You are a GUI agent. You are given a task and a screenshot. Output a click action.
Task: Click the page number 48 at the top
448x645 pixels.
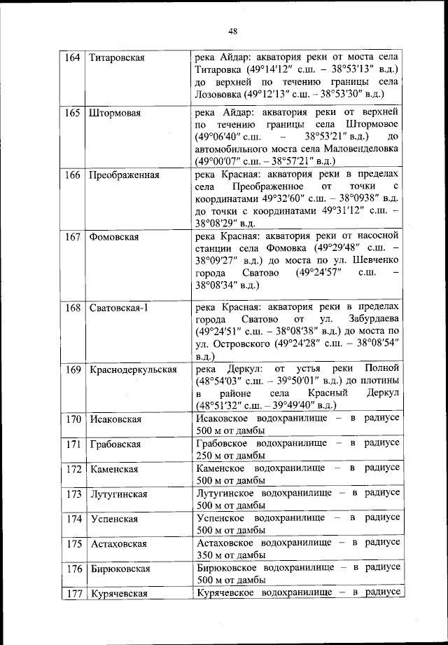click(x=233, y=30)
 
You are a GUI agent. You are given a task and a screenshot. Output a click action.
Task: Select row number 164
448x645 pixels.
click(x=72, y=57)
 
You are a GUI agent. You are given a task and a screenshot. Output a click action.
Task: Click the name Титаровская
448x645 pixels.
click(x=117, y=57)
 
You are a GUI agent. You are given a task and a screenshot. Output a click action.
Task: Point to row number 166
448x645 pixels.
click(x=72, y=175)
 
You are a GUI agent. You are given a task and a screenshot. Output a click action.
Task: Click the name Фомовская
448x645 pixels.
click(x=114, y=237)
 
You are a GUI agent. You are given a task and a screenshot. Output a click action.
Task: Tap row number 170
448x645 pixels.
click(x=72, y=419)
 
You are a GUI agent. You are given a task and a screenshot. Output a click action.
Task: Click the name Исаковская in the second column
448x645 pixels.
click(x=115, y=419)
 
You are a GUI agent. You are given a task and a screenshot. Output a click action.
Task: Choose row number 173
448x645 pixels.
click(x=72, y=494)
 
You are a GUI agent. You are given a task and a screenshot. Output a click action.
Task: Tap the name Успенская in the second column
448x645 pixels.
click(x=113, y=520)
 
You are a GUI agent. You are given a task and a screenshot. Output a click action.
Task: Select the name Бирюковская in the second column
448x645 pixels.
click(x=120, y=569)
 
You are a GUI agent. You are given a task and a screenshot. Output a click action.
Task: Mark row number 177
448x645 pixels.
click(x=72, y=594)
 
